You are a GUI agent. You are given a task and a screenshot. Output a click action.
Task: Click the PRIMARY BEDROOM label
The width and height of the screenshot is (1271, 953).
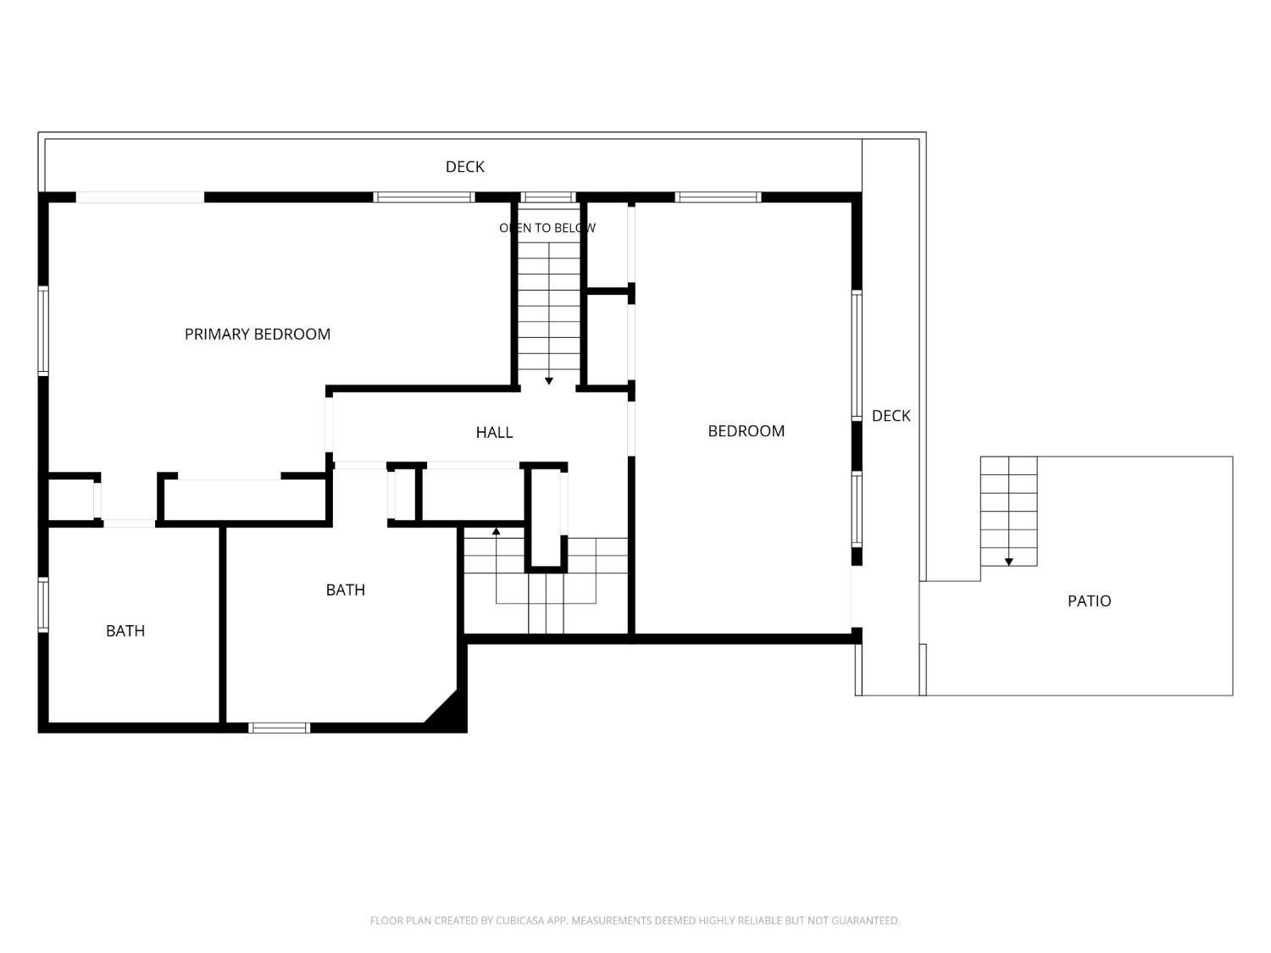pyautogui.click(x=257, y=334)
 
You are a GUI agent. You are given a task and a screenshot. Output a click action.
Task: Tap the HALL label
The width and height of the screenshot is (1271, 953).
pyautogui.click(x=494, y=432)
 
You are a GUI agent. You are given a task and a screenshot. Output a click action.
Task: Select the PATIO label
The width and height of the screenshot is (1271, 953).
pyautogui.click(x=1089, y=601)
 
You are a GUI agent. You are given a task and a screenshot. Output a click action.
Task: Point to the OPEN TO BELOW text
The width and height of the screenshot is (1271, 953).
pyautogui.click(x=547, y=228)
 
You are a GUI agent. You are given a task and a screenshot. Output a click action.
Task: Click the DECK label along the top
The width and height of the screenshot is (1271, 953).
pyautogui.click(x=464, y=167)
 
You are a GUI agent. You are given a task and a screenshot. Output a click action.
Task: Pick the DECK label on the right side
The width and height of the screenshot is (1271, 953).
pyautogui.click(x=891, y=415)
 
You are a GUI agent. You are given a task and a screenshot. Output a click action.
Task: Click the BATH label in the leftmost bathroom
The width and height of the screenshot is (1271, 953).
pyautogui.click(x=125, y=631)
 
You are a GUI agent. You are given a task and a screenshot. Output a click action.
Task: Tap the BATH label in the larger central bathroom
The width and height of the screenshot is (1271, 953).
pyautogui.click(x=345, y=590)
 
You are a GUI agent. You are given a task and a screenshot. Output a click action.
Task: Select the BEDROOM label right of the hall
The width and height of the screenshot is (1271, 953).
pyautogui.click(x=746, y=430)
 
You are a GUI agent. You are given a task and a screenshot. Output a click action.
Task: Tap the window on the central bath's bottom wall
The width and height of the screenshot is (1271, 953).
pyautogui.click(x=279, y=728)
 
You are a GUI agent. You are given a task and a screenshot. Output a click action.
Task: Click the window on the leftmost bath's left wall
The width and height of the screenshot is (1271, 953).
pyautogui.click(x=43, y=604)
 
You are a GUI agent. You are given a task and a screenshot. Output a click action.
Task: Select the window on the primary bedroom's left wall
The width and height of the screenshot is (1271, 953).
pyautogui.click(x=43, y=330)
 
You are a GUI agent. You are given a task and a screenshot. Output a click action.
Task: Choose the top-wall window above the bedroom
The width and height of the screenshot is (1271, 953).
pyautogui.click(x=718, y=197)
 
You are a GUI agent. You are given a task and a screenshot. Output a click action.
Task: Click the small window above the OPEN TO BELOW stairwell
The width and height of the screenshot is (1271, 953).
pyautogui.click(x=547, y=197)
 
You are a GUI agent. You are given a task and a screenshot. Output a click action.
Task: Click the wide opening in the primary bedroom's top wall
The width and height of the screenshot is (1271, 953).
pyautogui.click(x=140, y=197)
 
